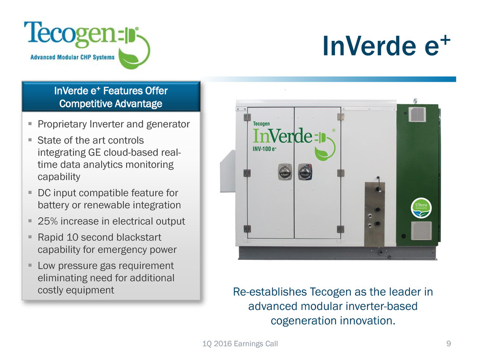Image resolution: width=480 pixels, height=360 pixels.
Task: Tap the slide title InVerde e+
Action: pyautogui.click(x=387, y=46)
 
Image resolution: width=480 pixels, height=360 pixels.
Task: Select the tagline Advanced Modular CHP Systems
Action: pyautogui.click(x=72, y=57)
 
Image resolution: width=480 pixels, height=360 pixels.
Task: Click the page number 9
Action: pyautogui.click(x=448, y=344)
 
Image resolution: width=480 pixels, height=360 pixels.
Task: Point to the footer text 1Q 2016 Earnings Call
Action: pyautogui.click(x=240, y=344)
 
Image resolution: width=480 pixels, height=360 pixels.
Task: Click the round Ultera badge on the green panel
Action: pyautogui.click(x=421, y=208)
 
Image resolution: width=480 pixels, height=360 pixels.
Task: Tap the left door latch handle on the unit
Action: pyautogui.click(x=285, y=172)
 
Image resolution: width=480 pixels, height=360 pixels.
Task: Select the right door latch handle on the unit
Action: pyautogui.click(x=305, y=172)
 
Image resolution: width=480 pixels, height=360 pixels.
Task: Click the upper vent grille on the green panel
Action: pyautogui.click(x=417, y=114)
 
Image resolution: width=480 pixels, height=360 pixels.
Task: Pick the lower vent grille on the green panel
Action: pyautogui.click(x=421, y=230)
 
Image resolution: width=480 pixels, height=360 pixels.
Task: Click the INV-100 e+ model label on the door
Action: pyautogui.click(x=265, y=149)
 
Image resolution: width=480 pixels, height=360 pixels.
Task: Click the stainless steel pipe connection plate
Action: pyautogui.click(x=374, y=214)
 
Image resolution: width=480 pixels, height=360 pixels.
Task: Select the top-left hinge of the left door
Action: pyautogui.click(x=247, y=117)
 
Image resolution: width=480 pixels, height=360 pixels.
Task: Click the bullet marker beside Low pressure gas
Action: pyautogui.click(x=30, y=265)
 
